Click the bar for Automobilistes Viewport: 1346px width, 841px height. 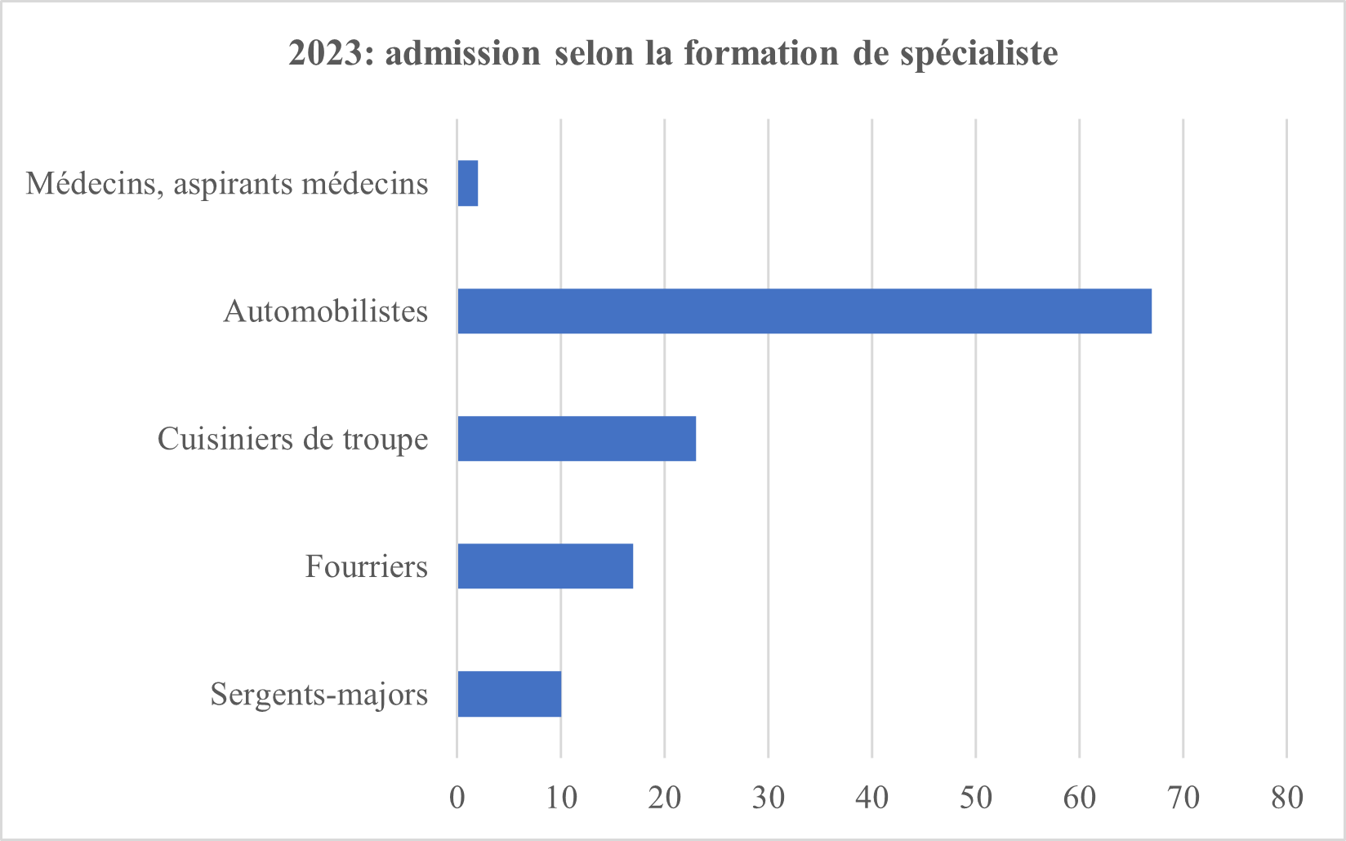tap(804, 311)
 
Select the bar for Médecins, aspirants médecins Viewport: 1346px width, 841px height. tap(468, 183)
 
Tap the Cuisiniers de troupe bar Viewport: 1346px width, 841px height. tap(577, 439)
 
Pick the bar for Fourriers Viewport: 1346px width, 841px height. tap(546, 566)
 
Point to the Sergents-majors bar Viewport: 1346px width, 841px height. tap(510, 694)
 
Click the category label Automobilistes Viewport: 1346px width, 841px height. tap(326, 311)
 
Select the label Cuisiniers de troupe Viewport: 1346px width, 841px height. tap(292, 440)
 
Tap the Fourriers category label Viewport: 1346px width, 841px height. tap(367, 566)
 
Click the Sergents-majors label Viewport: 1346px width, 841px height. tap(319, 695)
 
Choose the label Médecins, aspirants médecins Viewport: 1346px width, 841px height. tap(227, 184)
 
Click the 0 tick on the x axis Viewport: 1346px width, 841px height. tap(457, 798)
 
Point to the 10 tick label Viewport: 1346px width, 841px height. tap(561, 798)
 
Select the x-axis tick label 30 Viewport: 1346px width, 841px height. tap(769, 798)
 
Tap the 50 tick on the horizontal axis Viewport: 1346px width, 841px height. tap(976, 798)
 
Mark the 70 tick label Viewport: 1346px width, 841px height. tap(1183, 798)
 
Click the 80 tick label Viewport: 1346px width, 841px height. tap(1287, 798)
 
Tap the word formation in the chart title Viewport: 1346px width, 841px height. tap(761, 53)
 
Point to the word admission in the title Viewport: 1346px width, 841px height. tap(462, 53)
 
